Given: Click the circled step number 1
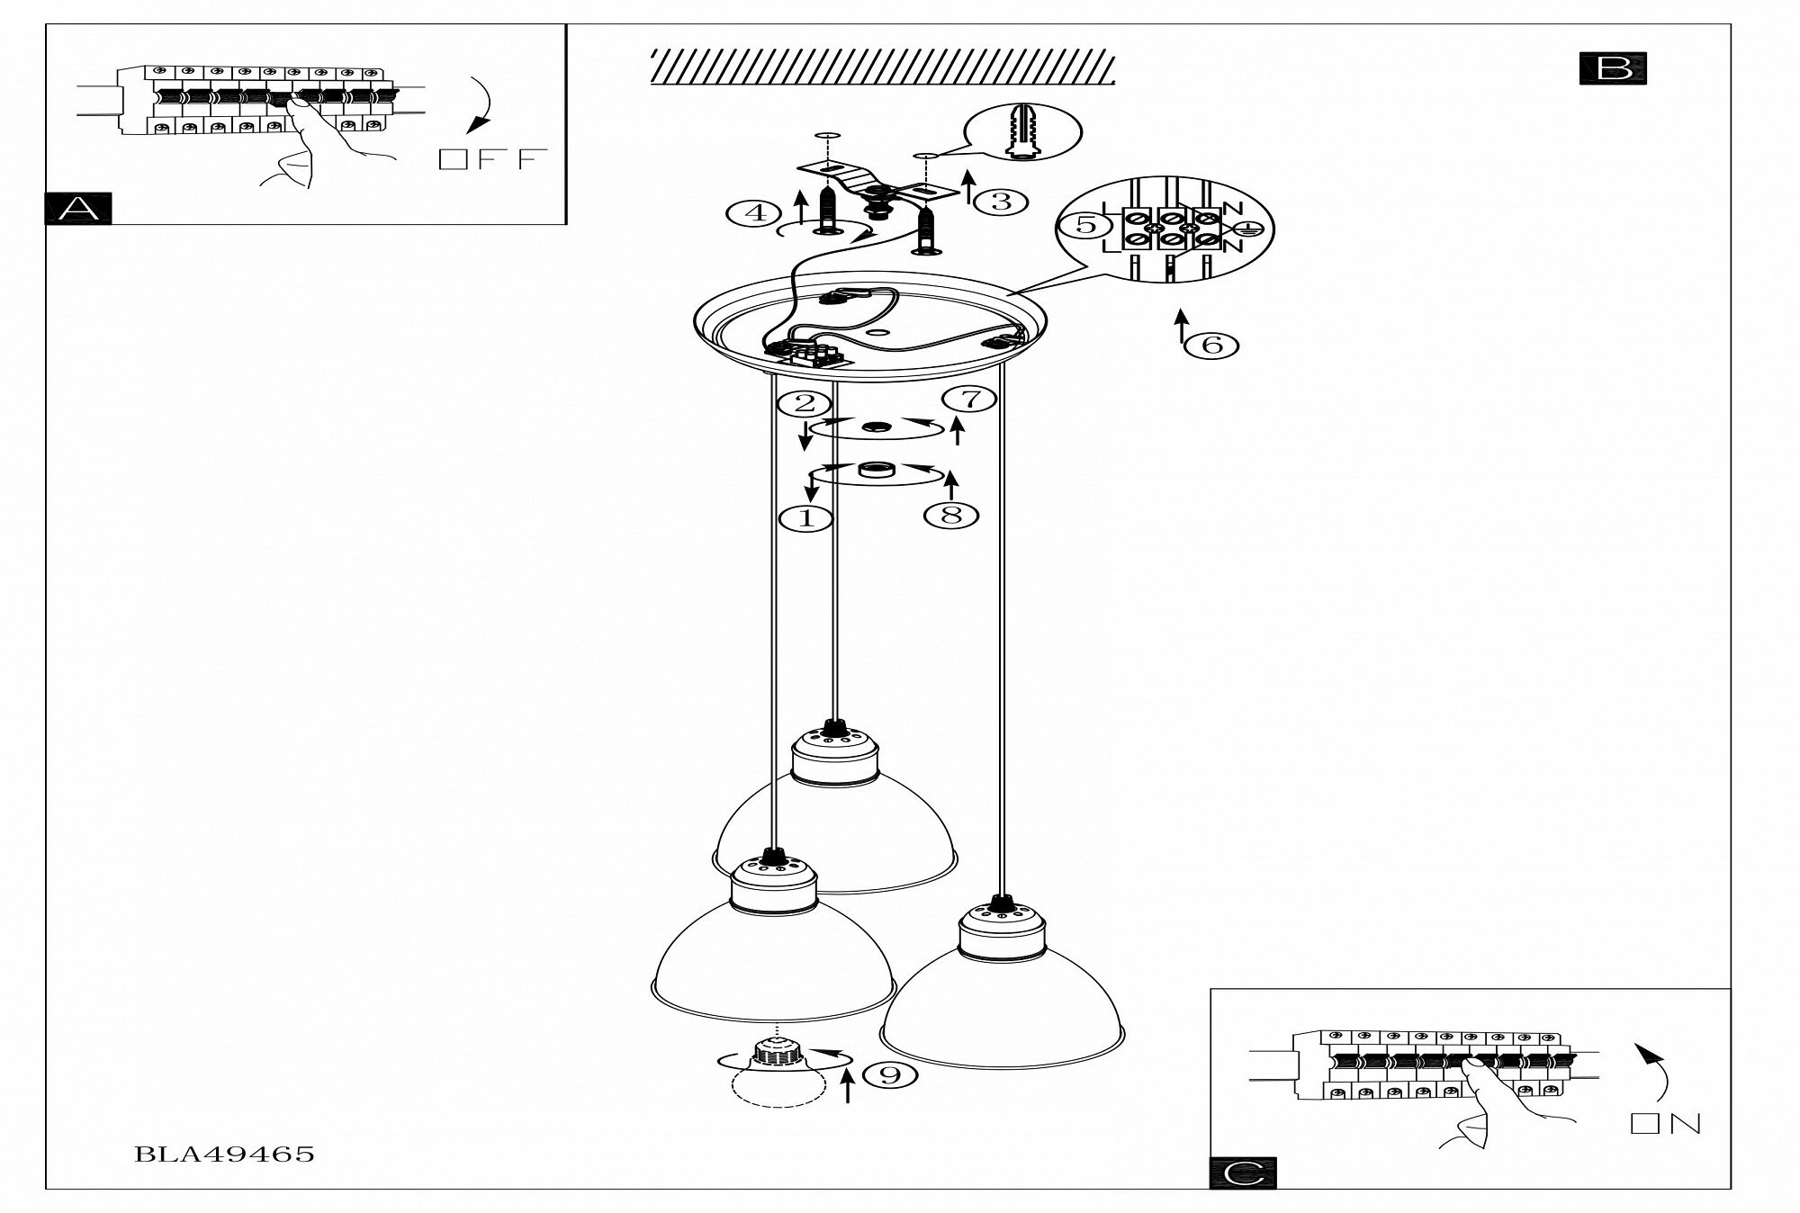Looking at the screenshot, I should click(x=805, y=517).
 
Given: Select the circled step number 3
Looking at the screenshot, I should click(x=1001, y=201).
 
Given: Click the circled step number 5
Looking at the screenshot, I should click(x=1086, y=224).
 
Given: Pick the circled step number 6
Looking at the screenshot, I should click(x=1212, y=345).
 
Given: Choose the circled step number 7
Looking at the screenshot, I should click(x=970, y=399).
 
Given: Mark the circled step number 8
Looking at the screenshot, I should click(x=951, y=515).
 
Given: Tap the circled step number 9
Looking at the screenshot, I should click(x=889, y=1074).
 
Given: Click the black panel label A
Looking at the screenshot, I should click(x=78, y=208).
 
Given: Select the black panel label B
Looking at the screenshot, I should click(x=1613, y=69).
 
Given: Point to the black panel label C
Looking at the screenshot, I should click(x=1243, y=1172).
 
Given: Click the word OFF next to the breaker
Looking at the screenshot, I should click(x=492, y=160).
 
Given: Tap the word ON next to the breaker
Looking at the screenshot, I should click(x=1666, y=1124).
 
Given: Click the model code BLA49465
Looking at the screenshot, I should click(x=224, y=1155).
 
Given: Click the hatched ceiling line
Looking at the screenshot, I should click(x=882, y=68).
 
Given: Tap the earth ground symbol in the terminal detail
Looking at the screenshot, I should click(x=1244, y=229).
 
